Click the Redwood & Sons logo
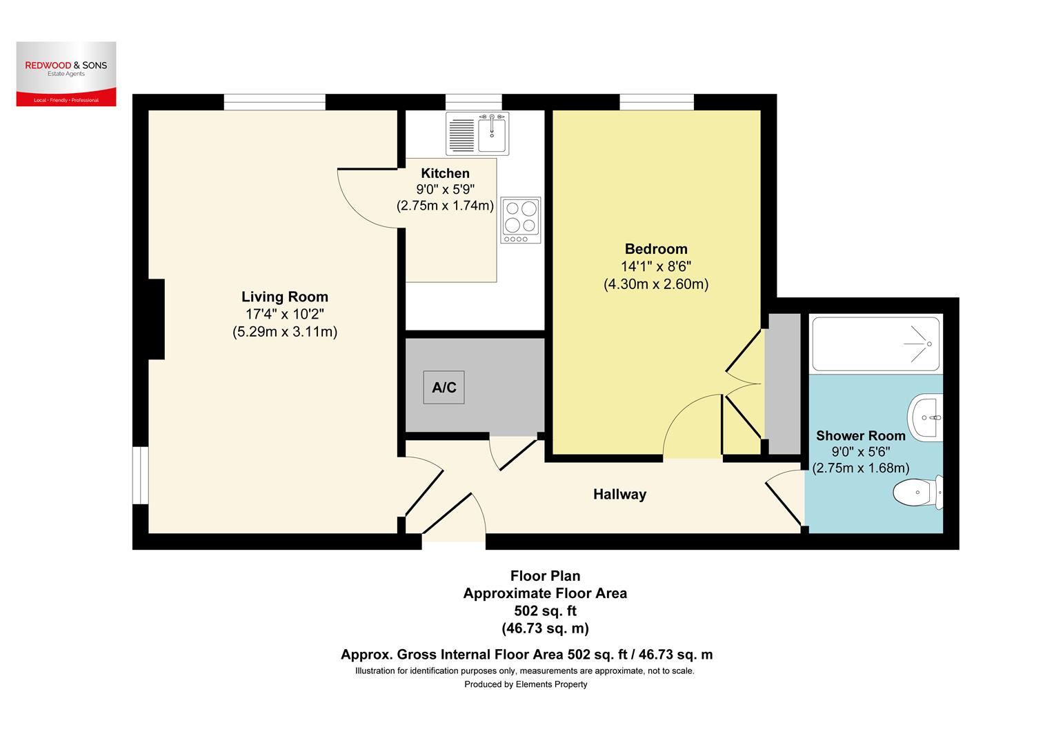pyautogui.click(x=66, y=74)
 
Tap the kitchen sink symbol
pyautogui.click(x=477, y=132)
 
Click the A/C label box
pyautogui.click(x=444, y=388)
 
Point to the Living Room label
pyautogui.click(x=284, y=297)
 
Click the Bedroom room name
pyautogui.click(x=656, y=249)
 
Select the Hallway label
pyautogui.click(x=619, y=494)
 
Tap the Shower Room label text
pyautogui.click(x=860, y=436)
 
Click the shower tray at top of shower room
pyautogui.click(x=875, y=344)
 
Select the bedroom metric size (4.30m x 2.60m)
pyautogui.click(x=656, y=284)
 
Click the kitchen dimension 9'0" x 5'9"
pyautogui.click(x=445, y=190)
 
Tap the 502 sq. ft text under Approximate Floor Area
pyautogui.click(x=545, y=610)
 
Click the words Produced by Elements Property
pyautogui.click(x=526, y=684)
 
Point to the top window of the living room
pyautogui.click(x=275, y=102)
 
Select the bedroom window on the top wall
pyautogui.click(x=657, y=102)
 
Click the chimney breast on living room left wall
pyautogui.click(x=156, y=319)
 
